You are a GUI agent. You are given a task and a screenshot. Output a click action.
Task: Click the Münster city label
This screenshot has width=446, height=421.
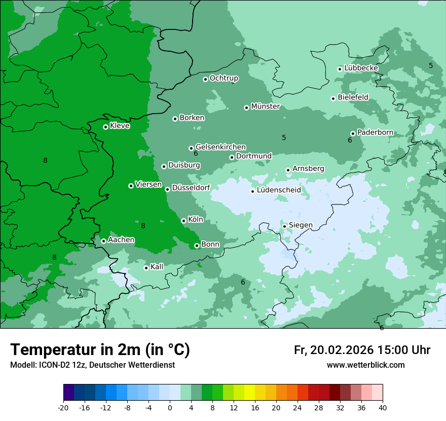(x=266, y=107)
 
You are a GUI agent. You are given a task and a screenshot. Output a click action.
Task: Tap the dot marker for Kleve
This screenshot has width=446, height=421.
(x=105, y=127)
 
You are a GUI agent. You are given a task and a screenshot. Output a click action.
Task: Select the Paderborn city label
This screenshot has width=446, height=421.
(x=375, y=132)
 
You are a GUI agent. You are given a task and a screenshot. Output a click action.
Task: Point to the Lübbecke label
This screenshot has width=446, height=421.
(x=361, y=68)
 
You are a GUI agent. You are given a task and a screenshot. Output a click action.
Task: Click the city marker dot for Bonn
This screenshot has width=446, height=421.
(x=197, y=245)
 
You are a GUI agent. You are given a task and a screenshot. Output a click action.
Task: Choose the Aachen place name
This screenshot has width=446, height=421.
(x=121, y=240)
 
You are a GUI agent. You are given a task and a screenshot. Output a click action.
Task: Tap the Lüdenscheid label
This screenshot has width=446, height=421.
(x=279, y=190)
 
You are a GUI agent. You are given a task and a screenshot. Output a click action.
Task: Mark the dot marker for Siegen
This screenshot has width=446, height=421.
(x=284, y=226)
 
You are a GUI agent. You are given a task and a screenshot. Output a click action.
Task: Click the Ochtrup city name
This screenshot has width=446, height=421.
(x=224, y=78)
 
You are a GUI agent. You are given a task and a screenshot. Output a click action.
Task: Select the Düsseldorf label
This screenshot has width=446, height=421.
(x=191, y=188)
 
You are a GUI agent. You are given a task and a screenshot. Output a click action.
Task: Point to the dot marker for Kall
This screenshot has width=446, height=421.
(x=146, y=268)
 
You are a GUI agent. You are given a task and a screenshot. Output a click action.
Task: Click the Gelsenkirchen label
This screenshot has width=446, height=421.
(x=220, y=147)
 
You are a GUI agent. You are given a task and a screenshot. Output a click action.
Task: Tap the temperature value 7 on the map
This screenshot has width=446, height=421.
(x=71, y=58)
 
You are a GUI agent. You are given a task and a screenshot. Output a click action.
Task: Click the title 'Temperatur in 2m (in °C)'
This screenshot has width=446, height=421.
(x=100, y=350)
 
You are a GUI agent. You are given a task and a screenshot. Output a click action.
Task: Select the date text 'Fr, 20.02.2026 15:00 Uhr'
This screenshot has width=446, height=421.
(x=362, y=350)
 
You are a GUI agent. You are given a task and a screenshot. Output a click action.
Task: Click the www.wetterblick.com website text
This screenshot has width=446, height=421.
(x=365, y=365)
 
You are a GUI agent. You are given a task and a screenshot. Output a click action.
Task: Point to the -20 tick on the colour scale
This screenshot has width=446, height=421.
(x=63, y=407)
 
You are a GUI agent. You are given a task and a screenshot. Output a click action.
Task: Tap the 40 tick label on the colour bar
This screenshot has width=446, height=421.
(x=383, y=407)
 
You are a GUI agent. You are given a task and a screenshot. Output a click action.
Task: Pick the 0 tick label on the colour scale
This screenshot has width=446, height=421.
(x=170, y=407)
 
